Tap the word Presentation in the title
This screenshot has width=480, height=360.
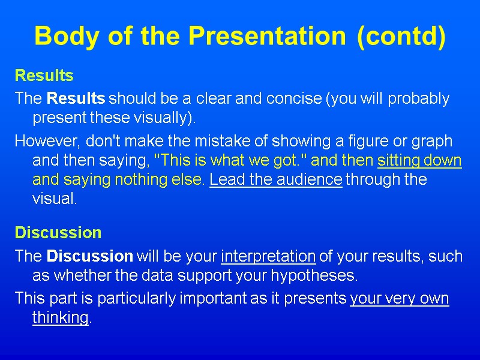(x=267, y=37)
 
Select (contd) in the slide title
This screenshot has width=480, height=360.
(x=401, y=37)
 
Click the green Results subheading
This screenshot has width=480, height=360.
(x=44, y=76)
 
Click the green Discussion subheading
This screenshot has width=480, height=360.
(x=58, y=232)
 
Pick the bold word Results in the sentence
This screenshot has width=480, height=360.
(x=76, y=98)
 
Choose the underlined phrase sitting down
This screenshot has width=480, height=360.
(x=419, y=160)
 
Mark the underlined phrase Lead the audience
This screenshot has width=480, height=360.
(x=275, y=179)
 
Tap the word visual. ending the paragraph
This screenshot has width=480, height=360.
(x=55, y=199)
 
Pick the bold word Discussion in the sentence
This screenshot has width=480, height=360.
(x=89, y=256)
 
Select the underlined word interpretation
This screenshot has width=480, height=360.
(x=268, y=256)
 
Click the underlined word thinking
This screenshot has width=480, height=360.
(x=60, y=317)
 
